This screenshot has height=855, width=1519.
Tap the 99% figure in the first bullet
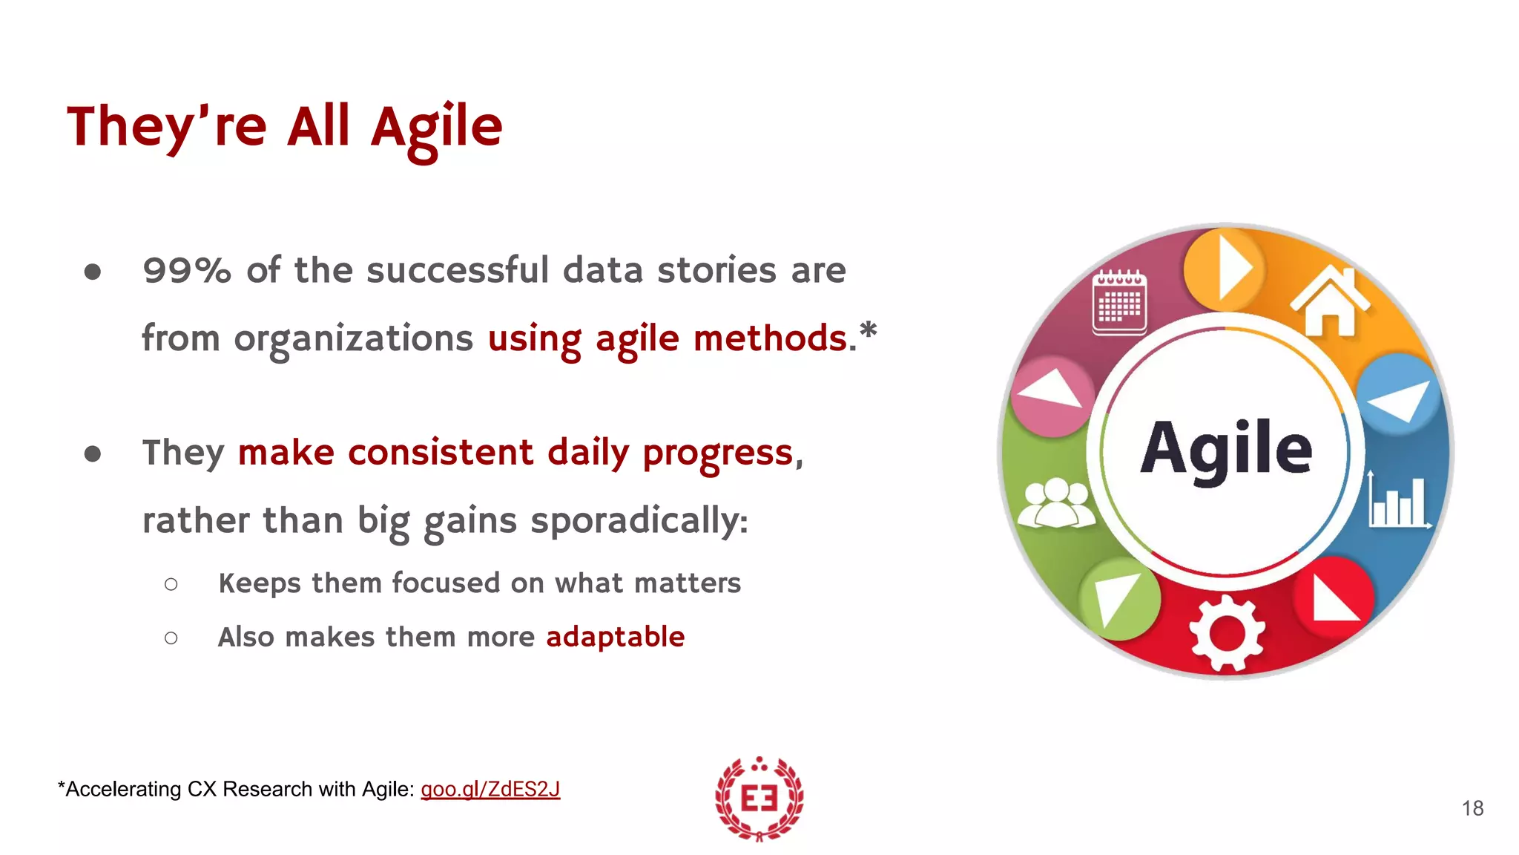[187, 270]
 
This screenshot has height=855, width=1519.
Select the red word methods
[770, 338]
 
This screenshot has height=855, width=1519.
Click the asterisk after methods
[868, 331]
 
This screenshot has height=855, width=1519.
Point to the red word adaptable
[615, 637]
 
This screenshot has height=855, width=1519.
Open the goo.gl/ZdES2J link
[490, 789]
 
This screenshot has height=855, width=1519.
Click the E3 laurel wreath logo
[759, 799]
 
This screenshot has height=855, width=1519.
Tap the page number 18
[1472, 808]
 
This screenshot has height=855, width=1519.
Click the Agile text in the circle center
[1225, 448]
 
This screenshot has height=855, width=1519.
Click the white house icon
[1330, 301]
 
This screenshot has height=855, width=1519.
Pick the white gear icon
[1227, 633]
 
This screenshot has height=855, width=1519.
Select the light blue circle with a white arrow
[1397, 394]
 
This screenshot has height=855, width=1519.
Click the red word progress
[717, 453]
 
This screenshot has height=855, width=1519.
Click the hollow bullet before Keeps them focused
[171, 585]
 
